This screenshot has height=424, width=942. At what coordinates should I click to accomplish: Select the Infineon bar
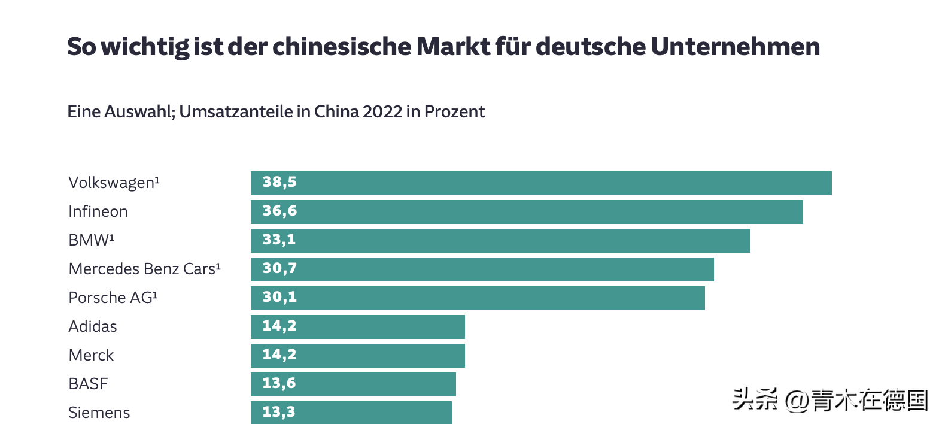tap(527, 212)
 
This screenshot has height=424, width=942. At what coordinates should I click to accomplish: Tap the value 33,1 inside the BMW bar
tap(279, 240)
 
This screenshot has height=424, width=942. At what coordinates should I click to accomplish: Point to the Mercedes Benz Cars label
tap(144, 269)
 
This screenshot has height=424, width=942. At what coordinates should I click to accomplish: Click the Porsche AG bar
tap(478, 298)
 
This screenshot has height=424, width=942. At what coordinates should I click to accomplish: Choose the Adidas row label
tap(93, 326)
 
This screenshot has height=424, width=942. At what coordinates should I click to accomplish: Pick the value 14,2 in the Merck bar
tap(279, 355)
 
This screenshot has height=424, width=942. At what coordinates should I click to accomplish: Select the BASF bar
tap(353, 384)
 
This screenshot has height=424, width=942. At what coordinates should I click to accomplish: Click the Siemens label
tap(99, 413)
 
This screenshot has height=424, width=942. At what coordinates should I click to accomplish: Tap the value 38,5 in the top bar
tap(279, 182)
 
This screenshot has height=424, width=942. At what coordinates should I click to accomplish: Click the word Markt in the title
tap(453, 46)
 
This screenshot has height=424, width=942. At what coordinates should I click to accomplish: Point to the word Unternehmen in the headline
tap(736, 46)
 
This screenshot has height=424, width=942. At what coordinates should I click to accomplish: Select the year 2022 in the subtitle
tap(382, 112)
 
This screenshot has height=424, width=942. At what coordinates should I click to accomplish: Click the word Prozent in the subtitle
tap(455, 112)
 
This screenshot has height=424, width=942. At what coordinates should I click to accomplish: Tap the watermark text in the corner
tap(830, 399)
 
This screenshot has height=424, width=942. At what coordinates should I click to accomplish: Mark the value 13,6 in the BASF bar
tap(279, 383)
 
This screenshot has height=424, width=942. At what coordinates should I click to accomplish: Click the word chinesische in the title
tap(342, 46)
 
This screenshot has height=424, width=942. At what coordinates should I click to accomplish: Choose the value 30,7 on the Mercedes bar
tap(279, 268)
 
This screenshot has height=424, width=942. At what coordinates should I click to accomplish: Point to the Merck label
tap(91, 356)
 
